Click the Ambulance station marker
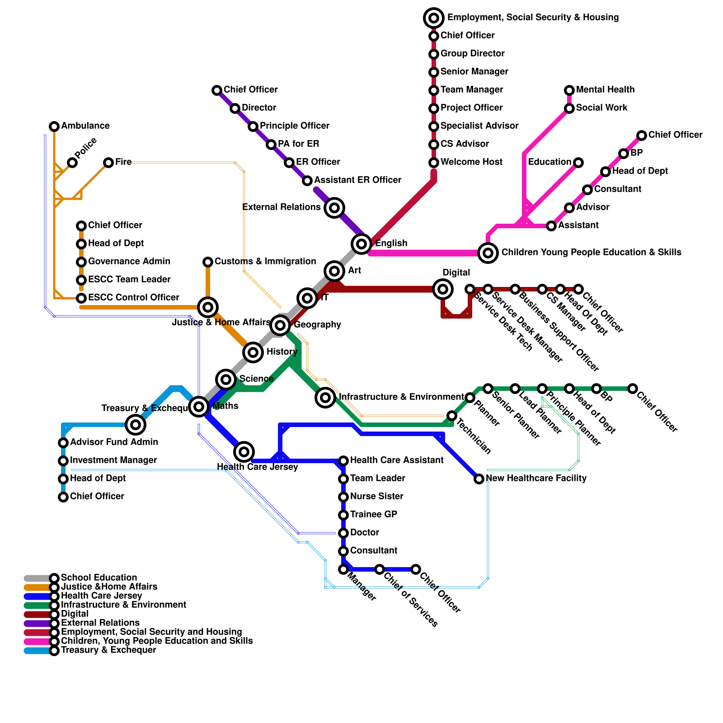point(54,126)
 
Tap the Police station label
point(86,148)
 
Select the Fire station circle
point(108,163)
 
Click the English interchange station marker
point(361,244)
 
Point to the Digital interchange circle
point(443,289)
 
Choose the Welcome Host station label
point(471,162)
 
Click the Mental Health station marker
point(569,90)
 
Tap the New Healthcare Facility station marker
point(479,479)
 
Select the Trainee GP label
point(374,515)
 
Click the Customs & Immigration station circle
point(208,262)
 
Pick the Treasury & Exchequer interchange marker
point(136,424)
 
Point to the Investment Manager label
point(113,460)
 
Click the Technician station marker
point(452,416)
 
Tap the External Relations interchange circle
point(334,208)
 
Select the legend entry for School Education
point(99,578)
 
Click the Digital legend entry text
point(75,614)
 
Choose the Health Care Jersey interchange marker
point(244,451)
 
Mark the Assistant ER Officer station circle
point(307,181)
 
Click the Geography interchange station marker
point(280,325)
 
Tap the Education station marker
point(578,163)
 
